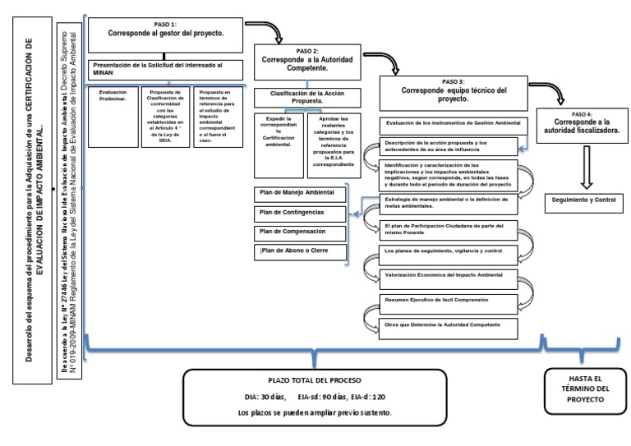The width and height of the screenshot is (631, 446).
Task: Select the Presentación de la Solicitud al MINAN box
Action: [x=164, y=69]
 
